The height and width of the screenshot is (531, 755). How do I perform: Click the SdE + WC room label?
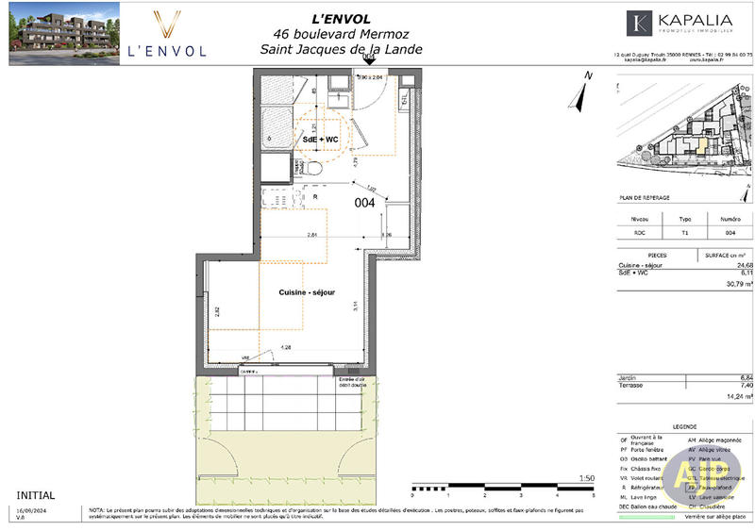320,140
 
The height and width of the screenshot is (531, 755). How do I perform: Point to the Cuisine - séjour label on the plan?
307,293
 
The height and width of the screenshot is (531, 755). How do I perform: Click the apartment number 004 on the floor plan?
365,203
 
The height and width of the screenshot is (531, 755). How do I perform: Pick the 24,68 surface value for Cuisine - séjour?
735,266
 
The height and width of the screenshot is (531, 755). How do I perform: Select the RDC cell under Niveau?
626,232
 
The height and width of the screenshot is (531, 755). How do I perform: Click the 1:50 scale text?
586,480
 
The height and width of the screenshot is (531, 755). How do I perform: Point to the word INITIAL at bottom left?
36,495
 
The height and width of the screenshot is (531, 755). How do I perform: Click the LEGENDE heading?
685,426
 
